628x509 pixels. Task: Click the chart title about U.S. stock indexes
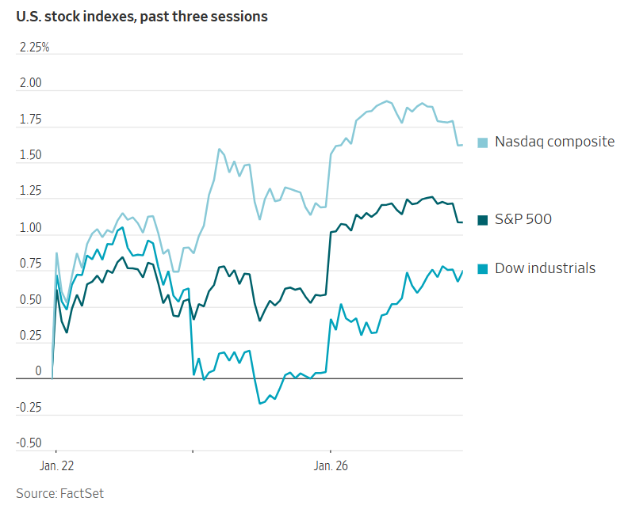pyautogui.click(x=142, y=16)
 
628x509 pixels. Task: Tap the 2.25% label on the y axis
pyautogui.click(x=34, y=47)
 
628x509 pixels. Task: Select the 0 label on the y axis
pyautogui.click(x=38, y=371)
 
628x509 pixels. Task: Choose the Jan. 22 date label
pyautogui.click(x=56, y=466)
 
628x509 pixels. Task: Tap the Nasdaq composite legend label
pyautogui.click(x=554, y=142)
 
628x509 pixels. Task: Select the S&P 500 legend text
pyautogui.click(x=523, y=218)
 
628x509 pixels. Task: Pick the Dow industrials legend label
pyautogui.click(x=545, y=268)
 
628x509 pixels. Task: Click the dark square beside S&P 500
pyautogui.click(x=482, y=219)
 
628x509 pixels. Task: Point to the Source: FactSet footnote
pyautogui.click(x=60, y=493)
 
